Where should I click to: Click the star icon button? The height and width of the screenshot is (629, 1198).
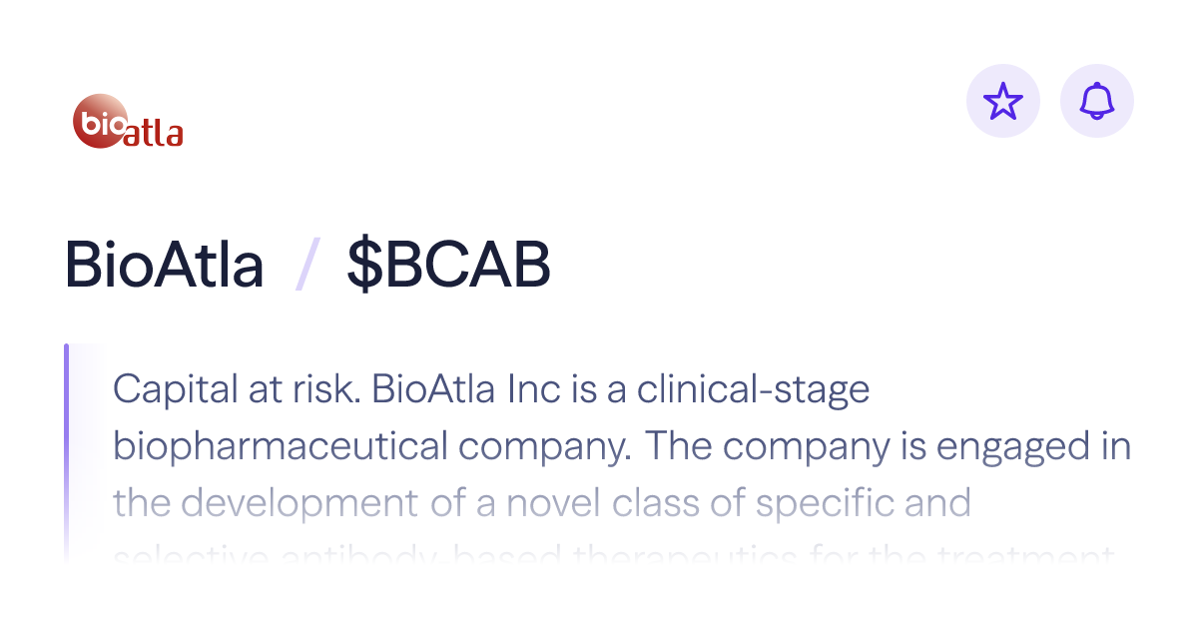click(1003, 101)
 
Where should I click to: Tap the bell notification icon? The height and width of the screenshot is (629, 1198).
click(1097, 101)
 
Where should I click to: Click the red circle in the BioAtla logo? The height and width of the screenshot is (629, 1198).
click(101, 121)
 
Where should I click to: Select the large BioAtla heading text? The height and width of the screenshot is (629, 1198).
click(165, 266)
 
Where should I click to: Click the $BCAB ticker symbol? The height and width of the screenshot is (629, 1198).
click(448, 266)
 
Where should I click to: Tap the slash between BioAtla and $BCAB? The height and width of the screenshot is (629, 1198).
click(305, 266)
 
